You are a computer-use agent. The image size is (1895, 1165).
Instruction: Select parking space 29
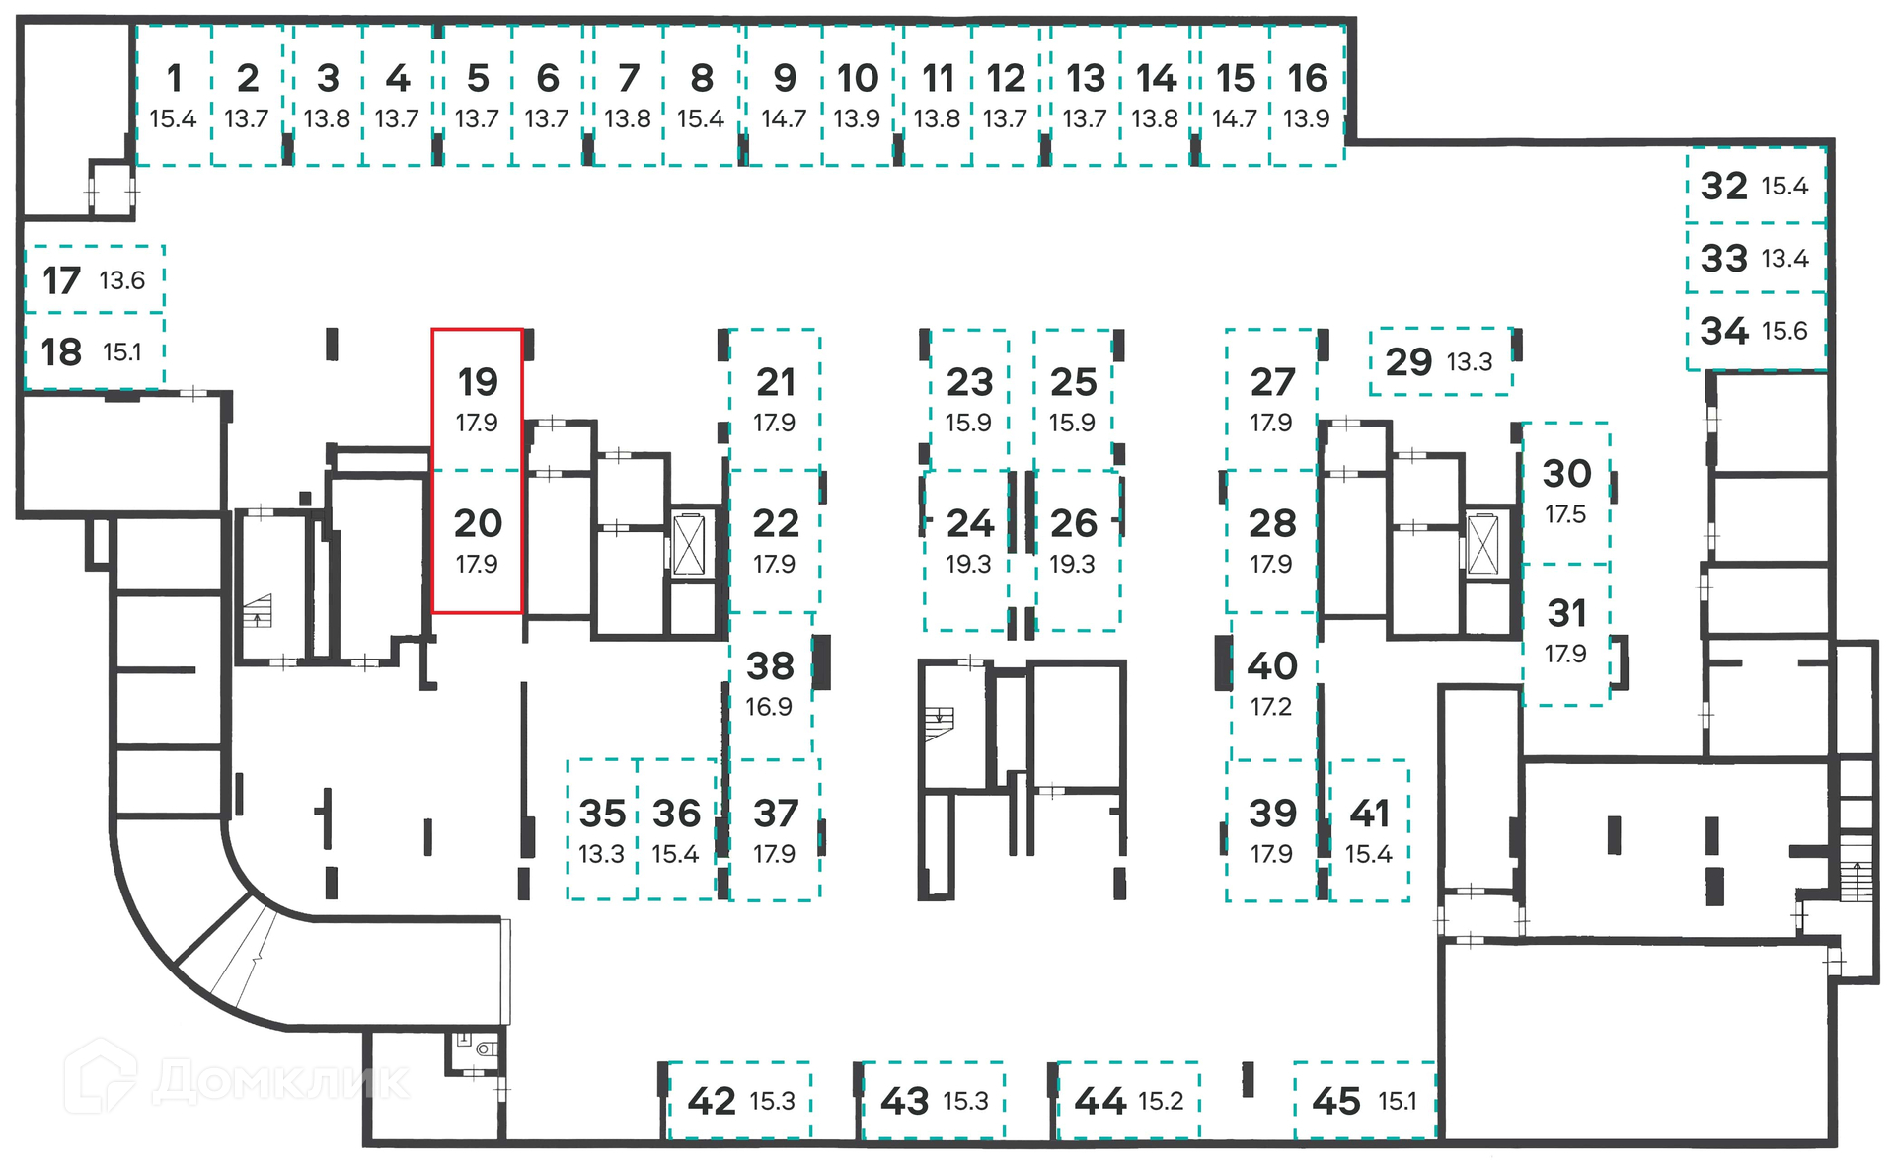coord(1440,361)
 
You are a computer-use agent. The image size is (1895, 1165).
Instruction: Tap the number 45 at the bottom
coord(1336,1101)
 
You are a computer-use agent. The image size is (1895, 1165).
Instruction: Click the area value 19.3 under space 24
coord(968,564)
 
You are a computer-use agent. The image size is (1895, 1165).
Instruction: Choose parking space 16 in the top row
coord(1307,94)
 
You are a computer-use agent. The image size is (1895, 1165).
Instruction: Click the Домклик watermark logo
coord(237,1081)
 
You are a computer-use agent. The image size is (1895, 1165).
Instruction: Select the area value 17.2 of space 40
coord(1270,707)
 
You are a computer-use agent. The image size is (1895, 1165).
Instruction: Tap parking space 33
coord(1754,258)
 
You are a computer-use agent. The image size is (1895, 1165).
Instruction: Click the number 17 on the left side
coord(61,281)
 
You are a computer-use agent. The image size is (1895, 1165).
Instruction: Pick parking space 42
coord(739,1101)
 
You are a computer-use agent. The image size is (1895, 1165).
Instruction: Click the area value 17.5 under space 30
coord(1565,514)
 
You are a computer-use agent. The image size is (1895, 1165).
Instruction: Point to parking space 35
coord(602,829)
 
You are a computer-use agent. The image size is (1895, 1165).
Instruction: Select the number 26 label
coord(1073,523)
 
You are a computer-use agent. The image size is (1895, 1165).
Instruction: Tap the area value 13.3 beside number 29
coord(1469,362)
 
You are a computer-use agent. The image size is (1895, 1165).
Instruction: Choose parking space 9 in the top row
coord(784,94)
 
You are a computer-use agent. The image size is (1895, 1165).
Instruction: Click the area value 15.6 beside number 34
coord(1784,331)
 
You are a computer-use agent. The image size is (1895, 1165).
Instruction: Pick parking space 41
coord(1369,829)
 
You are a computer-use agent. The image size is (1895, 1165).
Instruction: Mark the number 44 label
coord(1100,1101)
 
